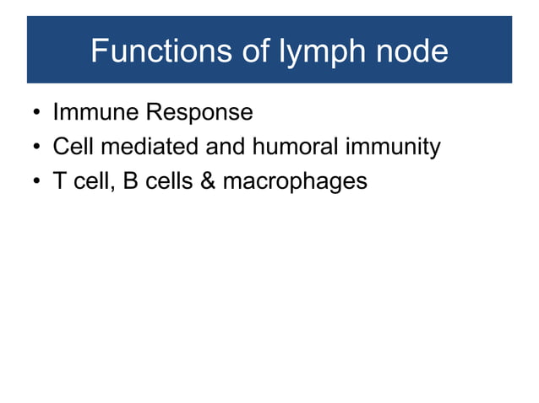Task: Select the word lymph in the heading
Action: tap(313, 52)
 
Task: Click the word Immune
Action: tap(94, 112)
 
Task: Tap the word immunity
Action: tap(392, 148)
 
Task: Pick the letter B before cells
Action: tap(131, 181)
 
